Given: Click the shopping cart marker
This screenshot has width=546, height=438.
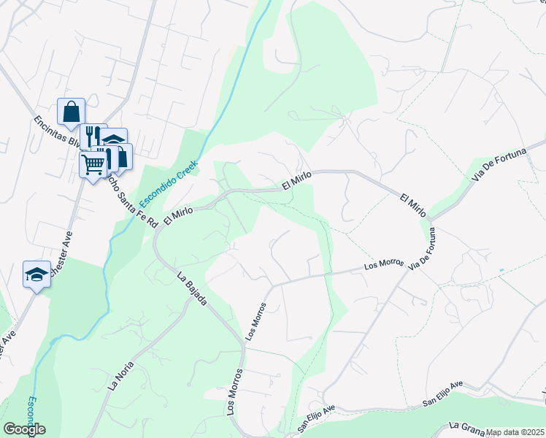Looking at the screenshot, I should pyautogui.click(x=93, y=166).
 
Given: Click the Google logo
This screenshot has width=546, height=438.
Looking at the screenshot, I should pyautogui.click(x=24, y=429).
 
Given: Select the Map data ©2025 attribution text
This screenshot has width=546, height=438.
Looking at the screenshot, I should pyautogui.click(x=515, y=432).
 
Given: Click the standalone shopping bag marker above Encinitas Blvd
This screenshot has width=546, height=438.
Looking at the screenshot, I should pyautogui.click(x=71, y=113).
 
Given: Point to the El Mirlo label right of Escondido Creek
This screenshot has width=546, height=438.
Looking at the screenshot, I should pyautogui.click(x=296, y=180).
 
